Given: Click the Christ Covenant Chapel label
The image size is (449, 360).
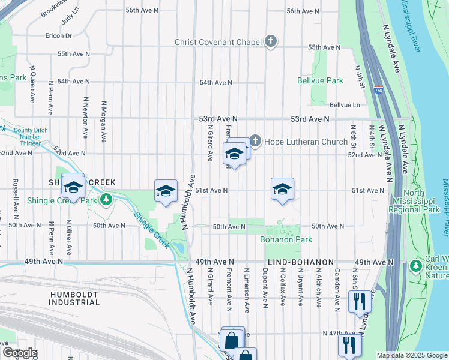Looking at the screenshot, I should click(x=218, y=42).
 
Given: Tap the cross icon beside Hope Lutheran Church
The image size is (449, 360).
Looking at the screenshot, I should click(x=255, y=142).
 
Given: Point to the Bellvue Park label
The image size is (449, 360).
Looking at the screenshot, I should click(x=320, y=80).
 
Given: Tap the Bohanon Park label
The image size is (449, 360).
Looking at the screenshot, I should click(x=277, y=239).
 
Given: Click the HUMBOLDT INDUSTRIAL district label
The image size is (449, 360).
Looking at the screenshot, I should click(x=74, y=298).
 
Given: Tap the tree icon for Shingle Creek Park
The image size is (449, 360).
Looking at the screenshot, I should click(x=106, y=199).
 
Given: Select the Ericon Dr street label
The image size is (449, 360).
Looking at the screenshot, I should click(x=58, y=36).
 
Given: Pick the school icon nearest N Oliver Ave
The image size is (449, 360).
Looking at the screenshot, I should click(x=73, y=187).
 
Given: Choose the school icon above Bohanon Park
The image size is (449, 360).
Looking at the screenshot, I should click(x=282, y=190).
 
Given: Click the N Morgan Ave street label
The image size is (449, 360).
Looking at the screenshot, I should click(x=104, y=121).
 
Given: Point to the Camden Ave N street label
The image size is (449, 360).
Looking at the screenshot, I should click(x=337, y=286).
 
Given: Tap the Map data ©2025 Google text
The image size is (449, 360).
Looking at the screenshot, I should click(x=412, y=355).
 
